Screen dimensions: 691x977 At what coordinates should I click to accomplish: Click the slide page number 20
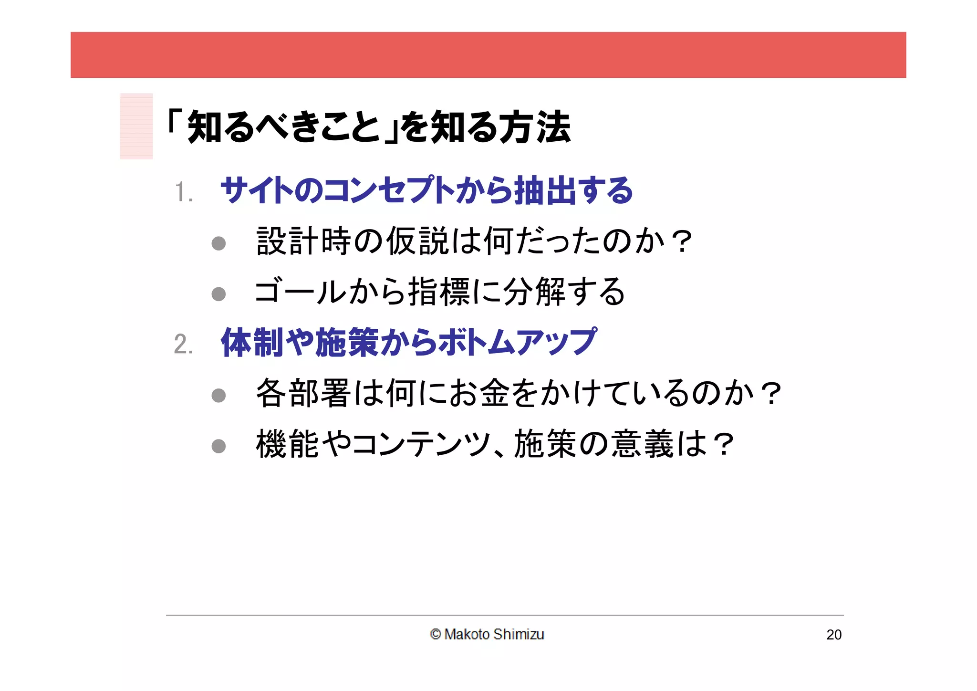pyautogui.click(x=834, y=635)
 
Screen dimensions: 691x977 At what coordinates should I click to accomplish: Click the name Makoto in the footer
pyautogui.click(x=467, y=634)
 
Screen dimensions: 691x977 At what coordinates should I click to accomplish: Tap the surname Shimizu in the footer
pyautogui.click(x=519, y=634)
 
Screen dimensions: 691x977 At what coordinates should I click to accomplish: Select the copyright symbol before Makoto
pyautogui.click(x=435, y=634)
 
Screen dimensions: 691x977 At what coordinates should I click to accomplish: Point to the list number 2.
pyautogui.click(x=183, y=344)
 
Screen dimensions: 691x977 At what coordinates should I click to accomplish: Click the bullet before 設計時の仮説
pyautogui.click(x=218, y=243)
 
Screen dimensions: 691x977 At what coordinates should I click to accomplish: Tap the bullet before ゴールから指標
pyautogui.click(x=218, y=294)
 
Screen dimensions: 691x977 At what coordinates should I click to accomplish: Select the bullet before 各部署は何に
pyautogui.click(x=218, y=395)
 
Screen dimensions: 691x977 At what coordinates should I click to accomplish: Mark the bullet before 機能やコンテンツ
pyautogui.click(x=218, y=446)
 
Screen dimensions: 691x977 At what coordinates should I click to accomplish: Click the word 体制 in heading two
pyautogui.click(x=252, y=342)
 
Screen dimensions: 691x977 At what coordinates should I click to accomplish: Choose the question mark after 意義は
pyautogui.click(x=723, y=445)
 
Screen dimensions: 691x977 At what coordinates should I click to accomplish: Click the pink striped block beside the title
pyautogui.click(x=136, y=126)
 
